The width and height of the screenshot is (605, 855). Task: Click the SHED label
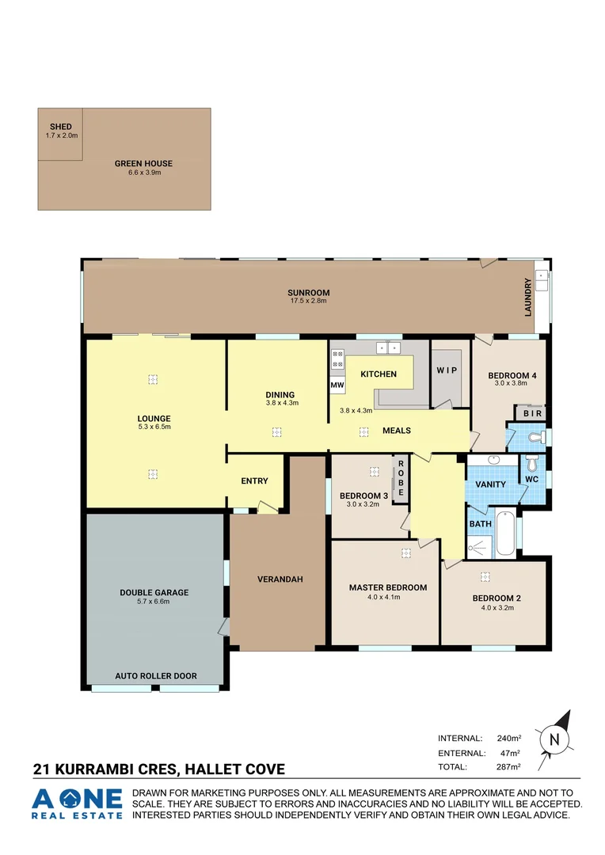[61, 127]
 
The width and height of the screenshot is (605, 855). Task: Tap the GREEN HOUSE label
[143, 164]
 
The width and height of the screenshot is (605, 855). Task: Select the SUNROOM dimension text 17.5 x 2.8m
[307, 301]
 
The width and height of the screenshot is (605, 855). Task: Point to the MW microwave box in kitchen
[337, 386]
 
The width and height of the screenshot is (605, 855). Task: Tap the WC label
[531, 478]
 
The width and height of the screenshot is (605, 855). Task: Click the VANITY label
[490, 484]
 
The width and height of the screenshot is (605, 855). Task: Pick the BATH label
[480, 524]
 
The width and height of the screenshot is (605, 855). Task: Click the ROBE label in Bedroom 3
[401, 478]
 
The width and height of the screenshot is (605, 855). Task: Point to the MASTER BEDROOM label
[388, 587]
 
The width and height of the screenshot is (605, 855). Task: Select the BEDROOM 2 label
[497, 598]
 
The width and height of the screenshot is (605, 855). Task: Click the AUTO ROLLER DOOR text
[156, 676]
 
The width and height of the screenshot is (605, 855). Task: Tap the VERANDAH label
[280, 579]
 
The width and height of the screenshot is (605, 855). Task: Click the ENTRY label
[254, 481]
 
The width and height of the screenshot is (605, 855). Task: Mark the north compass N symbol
[554, 739]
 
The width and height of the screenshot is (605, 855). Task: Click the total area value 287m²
[508, 767]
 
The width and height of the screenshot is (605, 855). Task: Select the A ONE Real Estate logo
[78, 803]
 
